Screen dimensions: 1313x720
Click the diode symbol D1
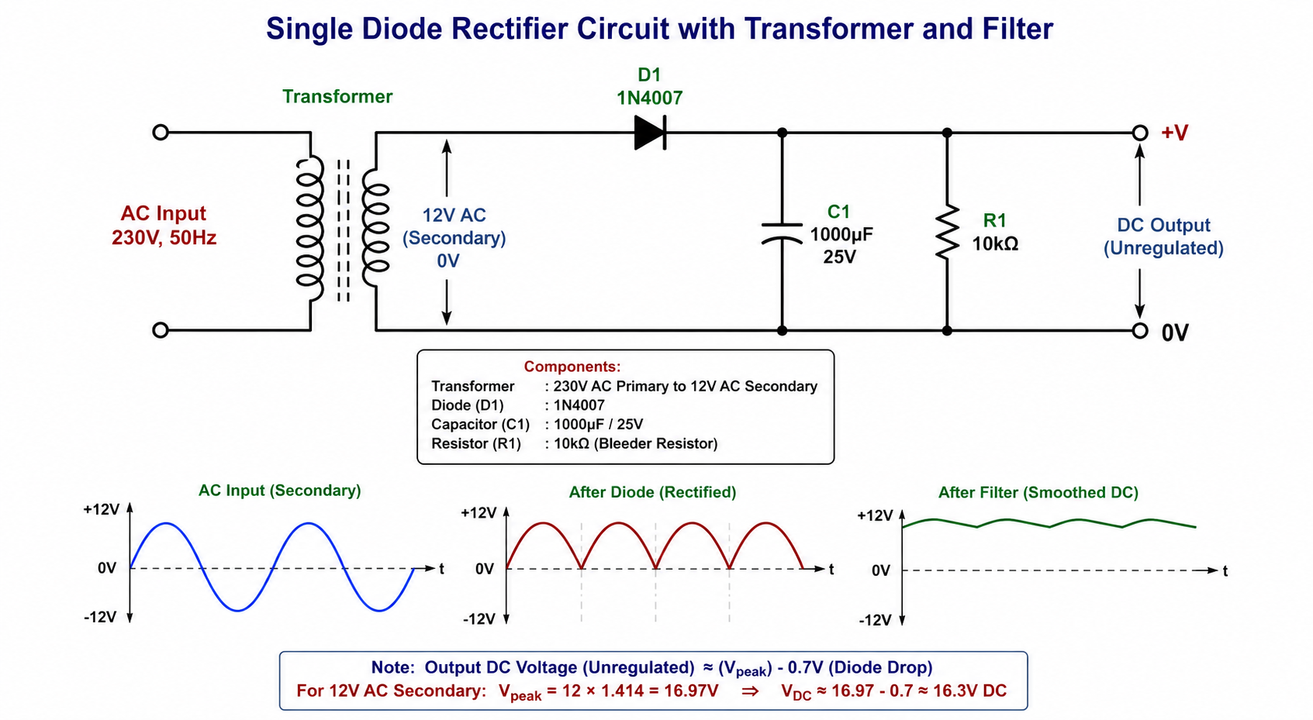pos(650,133)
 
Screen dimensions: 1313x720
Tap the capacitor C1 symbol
pos(782,233)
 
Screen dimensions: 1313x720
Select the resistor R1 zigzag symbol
pos(947,232)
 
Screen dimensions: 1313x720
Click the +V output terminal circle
pos(1140,133)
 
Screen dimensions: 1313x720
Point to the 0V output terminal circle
pos(1140,331)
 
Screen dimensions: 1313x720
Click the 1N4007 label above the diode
pos(649,98)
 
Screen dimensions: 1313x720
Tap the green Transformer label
pos(337,97)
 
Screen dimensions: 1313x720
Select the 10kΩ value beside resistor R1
pos(995,243)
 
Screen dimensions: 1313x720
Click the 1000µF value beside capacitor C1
pos(841,235)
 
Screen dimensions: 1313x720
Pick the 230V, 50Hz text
pos(164,238)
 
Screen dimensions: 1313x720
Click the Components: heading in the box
pos(572,367)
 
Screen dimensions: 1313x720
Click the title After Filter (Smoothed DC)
pos(1038,493)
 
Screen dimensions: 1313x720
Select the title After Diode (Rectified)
pos(652,492)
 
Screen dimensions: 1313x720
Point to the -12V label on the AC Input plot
pos(100,617)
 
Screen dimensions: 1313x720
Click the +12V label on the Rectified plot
pos(479,513)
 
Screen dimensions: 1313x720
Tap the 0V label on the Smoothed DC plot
pos(881,570)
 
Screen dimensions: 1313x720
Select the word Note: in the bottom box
pos(392,668)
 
